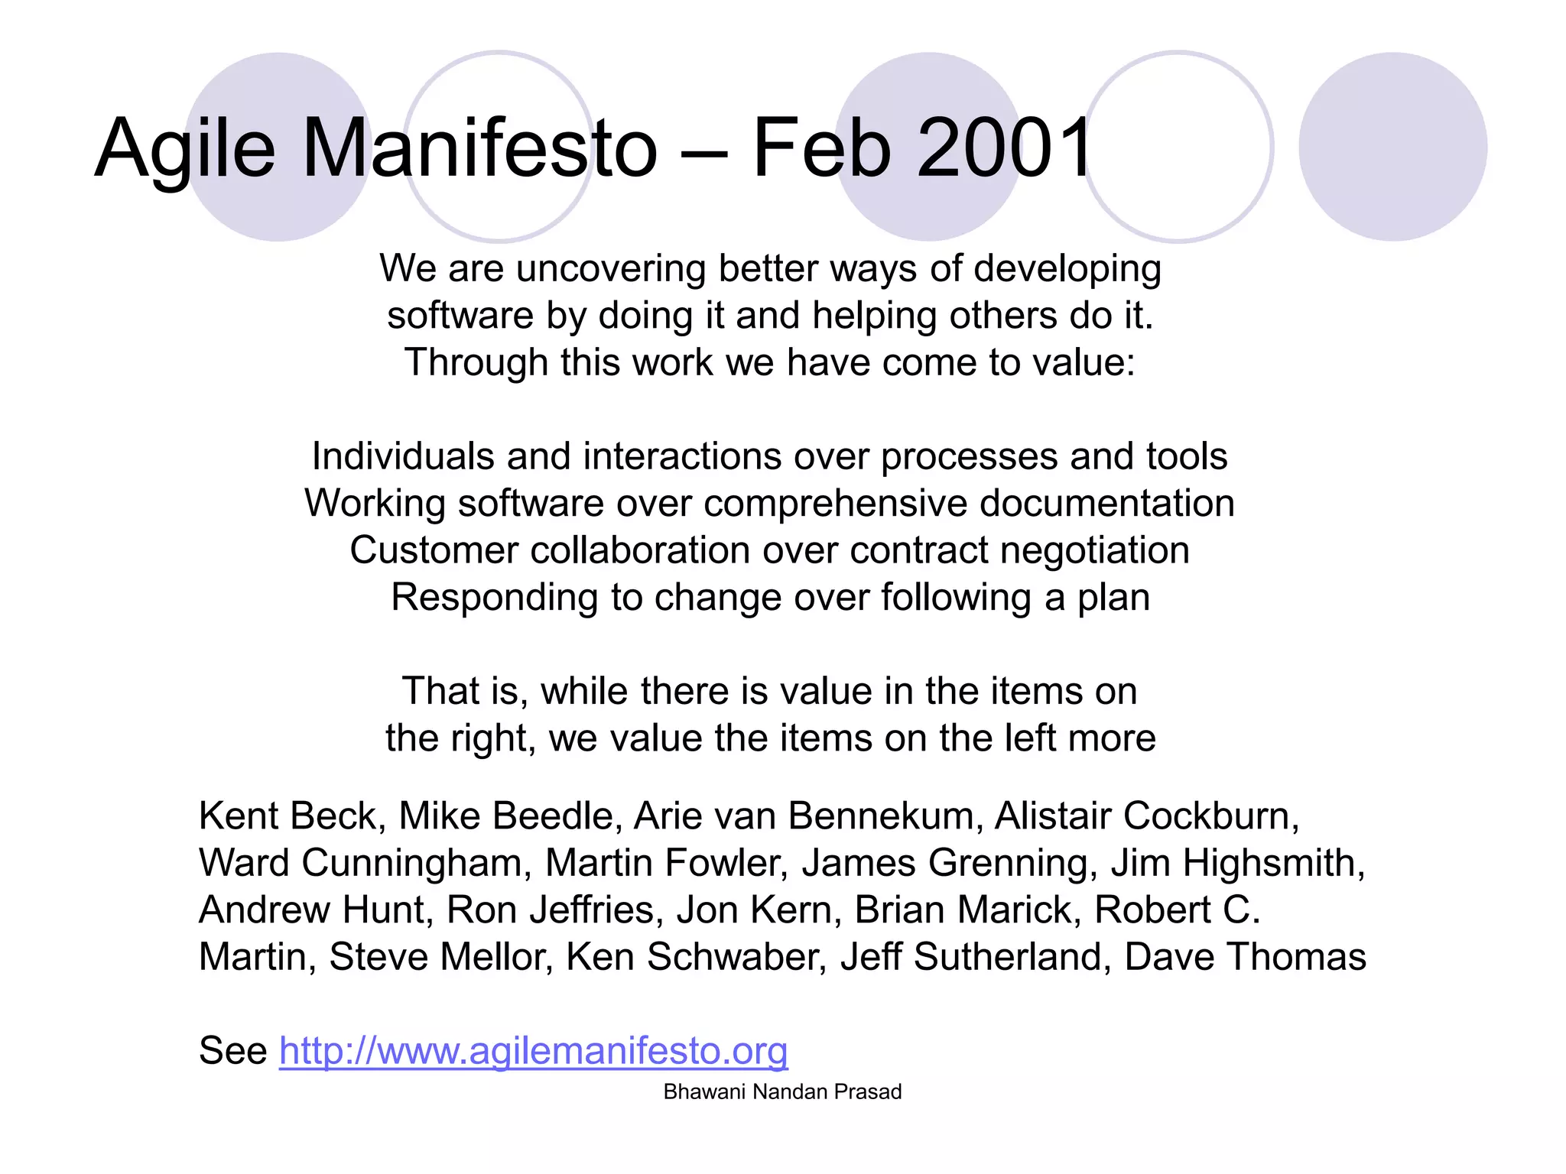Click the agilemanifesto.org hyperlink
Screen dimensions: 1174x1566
click(x=533, y=1050)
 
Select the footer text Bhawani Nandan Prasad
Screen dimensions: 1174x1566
click(x=782, y=1091)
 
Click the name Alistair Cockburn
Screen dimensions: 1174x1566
click(x=1145, y=816)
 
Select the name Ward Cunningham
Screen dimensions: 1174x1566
click(x=361, y=863)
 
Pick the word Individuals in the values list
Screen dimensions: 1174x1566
click(x=403, y=456)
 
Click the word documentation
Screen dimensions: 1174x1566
click(x=1106, y=504)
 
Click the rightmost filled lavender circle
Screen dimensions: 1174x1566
click(x=1392, y=147)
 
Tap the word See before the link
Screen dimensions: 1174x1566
click(x=233, y=1050)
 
